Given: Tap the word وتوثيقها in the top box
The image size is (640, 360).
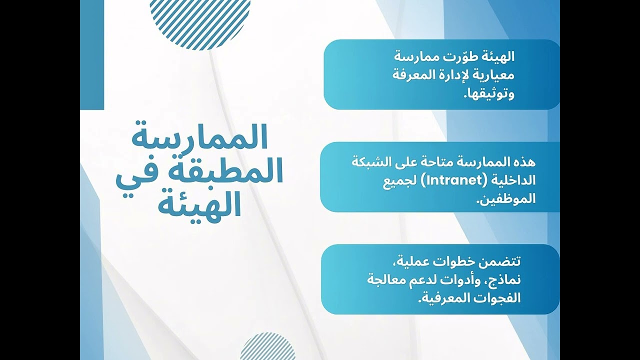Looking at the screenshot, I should point(490,93).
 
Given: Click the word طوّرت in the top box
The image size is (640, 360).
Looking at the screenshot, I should point(458,57).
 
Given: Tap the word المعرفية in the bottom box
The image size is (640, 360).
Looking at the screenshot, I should point(440,298).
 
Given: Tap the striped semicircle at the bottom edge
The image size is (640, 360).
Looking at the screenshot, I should point(267,347).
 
